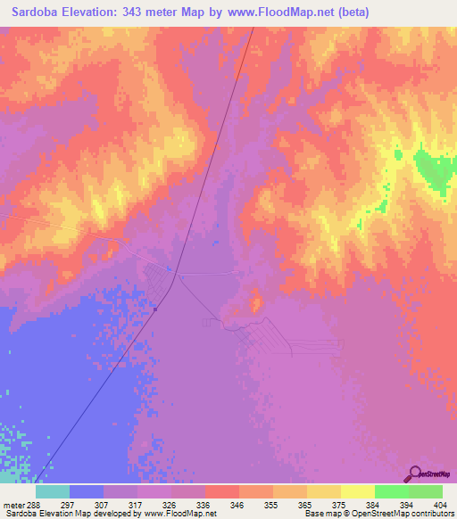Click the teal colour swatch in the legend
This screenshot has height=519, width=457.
click(52, 491)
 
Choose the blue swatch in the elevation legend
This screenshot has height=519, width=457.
click(86, 491)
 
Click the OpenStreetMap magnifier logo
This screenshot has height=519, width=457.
click(416, 474)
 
